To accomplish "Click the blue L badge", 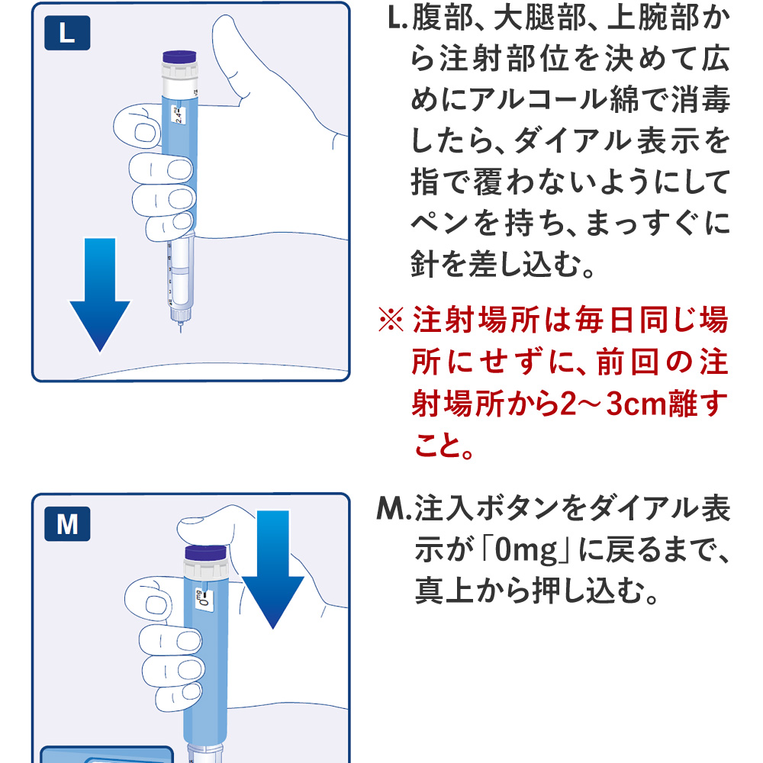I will click(x=67, y=34).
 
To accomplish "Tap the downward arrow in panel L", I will click(x=100, y=294).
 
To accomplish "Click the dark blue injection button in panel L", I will click(x=182, y=57).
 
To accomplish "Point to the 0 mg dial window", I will click(x=201, y=600).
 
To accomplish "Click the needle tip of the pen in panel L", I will click(x=179, y=330).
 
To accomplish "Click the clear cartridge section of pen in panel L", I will click(x=179, y=271).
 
